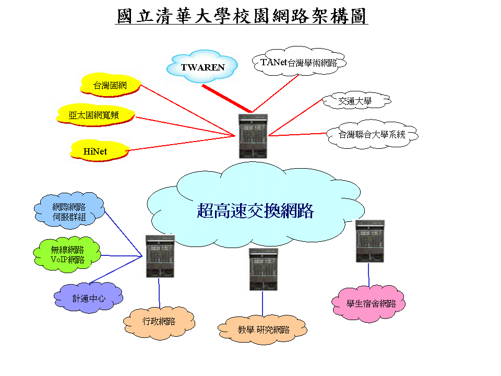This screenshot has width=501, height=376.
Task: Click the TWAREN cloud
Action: (202, 67)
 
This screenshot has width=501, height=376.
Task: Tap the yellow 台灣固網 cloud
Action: (110, 86)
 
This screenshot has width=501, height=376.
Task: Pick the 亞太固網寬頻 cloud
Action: (94, 115)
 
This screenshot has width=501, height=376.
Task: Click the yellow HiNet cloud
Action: (98, 151)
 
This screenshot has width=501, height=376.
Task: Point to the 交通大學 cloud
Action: (354, 101)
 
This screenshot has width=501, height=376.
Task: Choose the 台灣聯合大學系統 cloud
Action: (372, 135)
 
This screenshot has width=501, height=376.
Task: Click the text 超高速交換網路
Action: (255, 210)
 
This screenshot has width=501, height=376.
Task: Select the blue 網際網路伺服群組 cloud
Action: (69, 212)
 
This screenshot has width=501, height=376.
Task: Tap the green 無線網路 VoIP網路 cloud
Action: (67, 254)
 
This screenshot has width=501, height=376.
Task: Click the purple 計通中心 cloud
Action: (88, 299)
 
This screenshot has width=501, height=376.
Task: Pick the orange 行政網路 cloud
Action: (159, 322)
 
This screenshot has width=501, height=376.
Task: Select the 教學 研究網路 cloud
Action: (263, 330)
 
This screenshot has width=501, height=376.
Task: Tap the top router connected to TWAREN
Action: (253, 136)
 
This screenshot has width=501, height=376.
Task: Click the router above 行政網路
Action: (160, 256)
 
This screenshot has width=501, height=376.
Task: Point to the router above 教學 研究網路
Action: (263, 269)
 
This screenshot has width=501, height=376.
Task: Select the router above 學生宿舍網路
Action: (369, 241)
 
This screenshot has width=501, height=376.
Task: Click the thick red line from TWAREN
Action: (226, 98)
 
